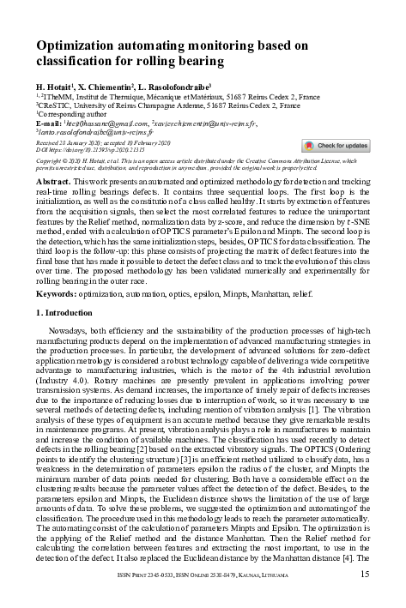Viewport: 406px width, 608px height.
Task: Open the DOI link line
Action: pos(86,148)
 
